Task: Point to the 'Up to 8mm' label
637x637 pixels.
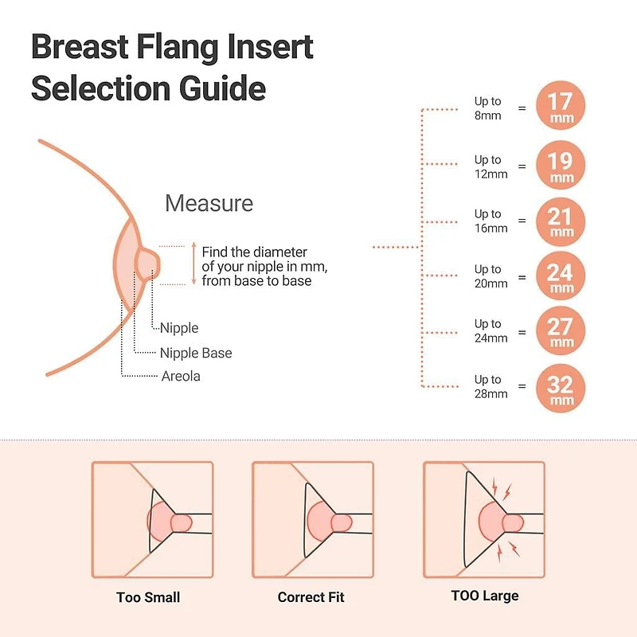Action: click(x=488, y=107)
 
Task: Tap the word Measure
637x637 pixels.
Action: click(x=209, y=203)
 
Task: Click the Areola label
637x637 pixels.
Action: click(x=181, y=377)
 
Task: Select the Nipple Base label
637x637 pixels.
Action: click(x=196, y=353)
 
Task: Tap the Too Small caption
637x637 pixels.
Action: click(x=148, y=597)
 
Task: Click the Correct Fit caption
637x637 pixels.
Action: click(x=311, y=597)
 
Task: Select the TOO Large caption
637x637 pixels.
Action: click(x=484, y=596)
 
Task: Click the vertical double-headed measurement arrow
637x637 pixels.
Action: click(x=193, y=264)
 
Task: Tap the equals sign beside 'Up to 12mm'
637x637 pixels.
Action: click(x=522, y=166)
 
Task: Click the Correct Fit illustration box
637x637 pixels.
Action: click(x=312, y=519)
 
